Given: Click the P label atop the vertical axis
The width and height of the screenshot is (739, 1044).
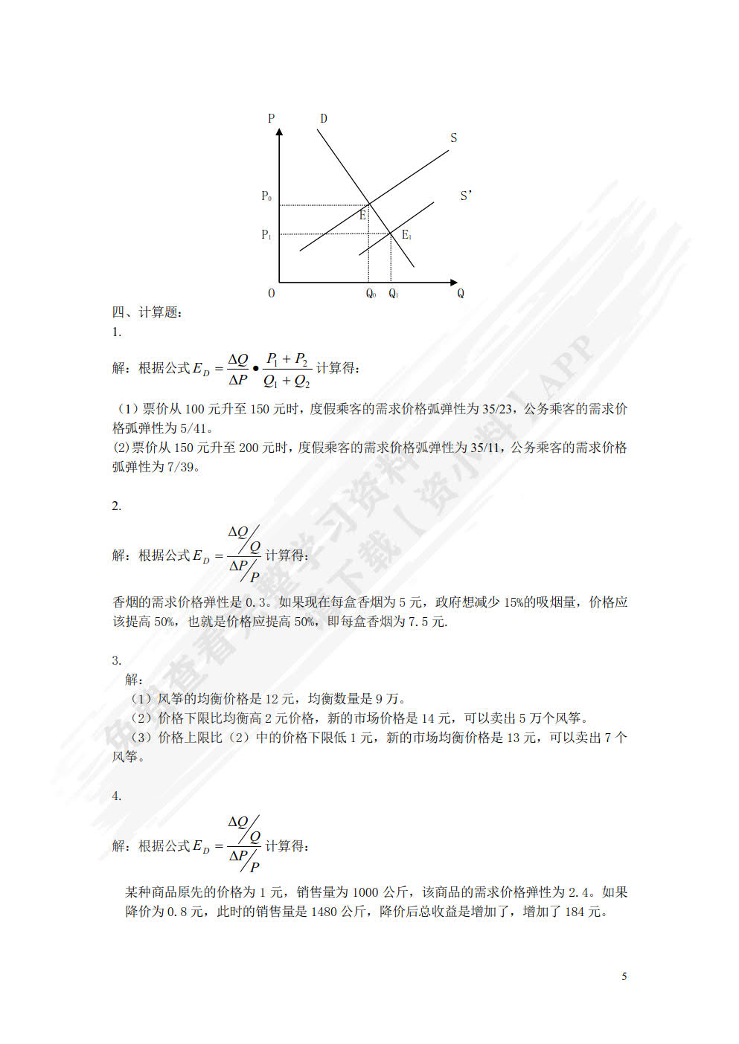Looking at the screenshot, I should pos(271,118).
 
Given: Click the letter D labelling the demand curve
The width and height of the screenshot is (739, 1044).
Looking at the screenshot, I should pos(324,118).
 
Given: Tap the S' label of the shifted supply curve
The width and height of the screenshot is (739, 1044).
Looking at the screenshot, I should pos(466,196).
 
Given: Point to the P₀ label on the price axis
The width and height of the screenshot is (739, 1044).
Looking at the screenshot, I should pos(266,196).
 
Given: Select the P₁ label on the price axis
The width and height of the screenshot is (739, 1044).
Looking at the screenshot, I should pos(266,234).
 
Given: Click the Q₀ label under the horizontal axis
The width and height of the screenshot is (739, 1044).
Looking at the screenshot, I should pos(371,294).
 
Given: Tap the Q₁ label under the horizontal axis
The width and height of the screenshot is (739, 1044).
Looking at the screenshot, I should pos(393,294).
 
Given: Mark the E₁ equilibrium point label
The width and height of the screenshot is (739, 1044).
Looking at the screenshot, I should pos(406,235).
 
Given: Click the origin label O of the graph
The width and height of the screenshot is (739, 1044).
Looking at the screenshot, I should pos(271,293).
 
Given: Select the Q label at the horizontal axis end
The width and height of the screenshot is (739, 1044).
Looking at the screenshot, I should pos(461,293).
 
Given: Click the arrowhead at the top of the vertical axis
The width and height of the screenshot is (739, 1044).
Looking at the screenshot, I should pos(279,132).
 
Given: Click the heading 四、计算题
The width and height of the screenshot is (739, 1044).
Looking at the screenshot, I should pos(147,312).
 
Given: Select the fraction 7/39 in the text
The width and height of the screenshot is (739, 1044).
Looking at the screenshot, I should pos(182,466).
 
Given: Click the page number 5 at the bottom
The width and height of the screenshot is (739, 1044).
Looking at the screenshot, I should pos(624,976).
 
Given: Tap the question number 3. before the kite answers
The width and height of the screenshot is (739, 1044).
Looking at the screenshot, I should pos(117,660).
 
